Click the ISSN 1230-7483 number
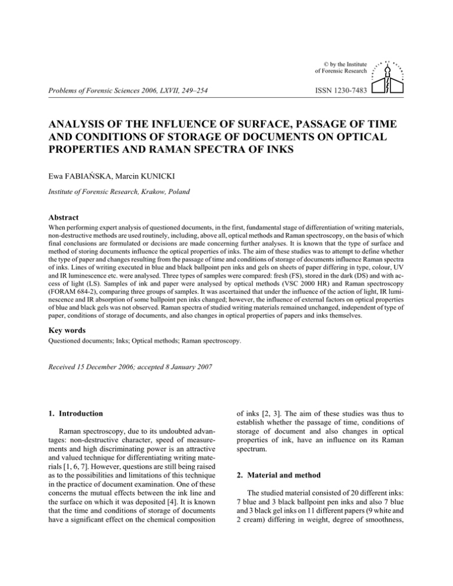(341, 90)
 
